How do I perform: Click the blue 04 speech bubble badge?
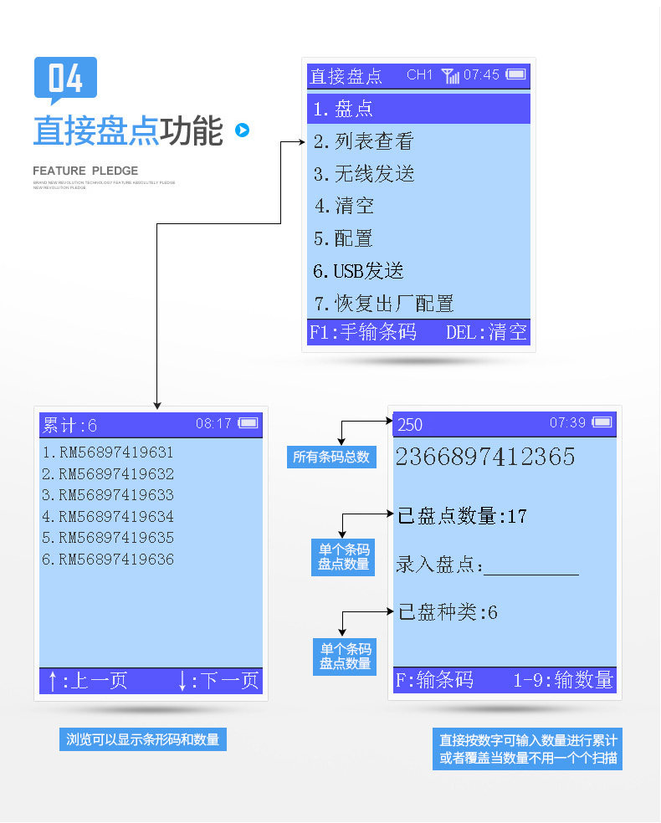coord(65,79)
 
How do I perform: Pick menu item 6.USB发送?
coord(358,271)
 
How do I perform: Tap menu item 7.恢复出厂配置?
coord(383,303)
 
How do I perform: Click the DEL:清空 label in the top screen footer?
coord(486,332)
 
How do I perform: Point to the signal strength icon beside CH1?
coord(450,76)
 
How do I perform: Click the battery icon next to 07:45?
coord(516,74)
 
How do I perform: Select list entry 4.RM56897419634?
coord(108,517)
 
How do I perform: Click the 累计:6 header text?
coord(70,425)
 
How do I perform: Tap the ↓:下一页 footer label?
coord(218,681)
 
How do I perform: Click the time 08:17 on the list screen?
coord(213,424)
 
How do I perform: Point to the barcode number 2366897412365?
coord(485,457)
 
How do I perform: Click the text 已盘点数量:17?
coord(462,516)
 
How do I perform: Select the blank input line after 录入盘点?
coord(531,567)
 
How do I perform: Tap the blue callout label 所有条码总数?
coord(331,458)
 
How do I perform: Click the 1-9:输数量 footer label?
coord(563,680)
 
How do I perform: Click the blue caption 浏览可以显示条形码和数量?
coord(142,739)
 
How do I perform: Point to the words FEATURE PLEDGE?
coord(85,171)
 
